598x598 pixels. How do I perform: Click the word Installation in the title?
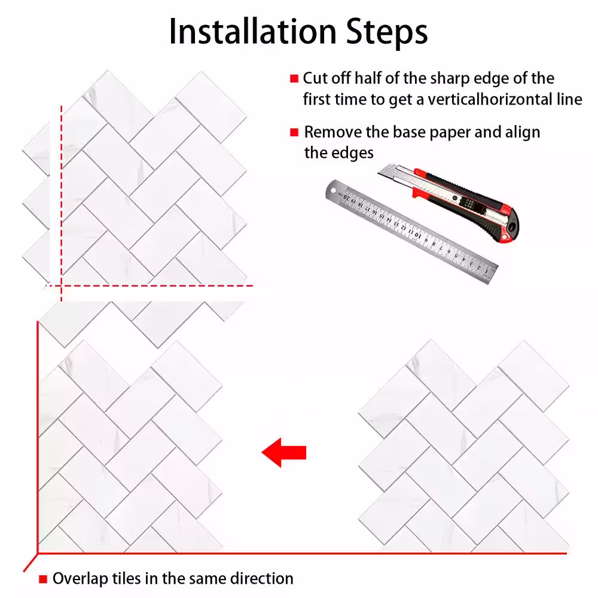click(x=253, y=32)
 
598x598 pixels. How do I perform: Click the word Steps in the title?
click(x=387, y=32)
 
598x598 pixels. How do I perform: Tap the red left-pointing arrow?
click(x=284, y=452)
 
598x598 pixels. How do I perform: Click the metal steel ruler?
click(x=412, y=231)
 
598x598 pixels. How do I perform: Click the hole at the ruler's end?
click(x=334, y=190)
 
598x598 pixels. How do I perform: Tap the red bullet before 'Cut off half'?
click(x=294, y=78)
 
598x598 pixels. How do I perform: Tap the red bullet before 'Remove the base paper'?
click(x=294, y=132)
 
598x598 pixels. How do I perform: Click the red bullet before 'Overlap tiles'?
click(x=43, y=579)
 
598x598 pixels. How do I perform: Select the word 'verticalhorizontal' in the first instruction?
click(x=489, y=99)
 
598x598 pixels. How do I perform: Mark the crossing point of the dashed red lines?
click(x=62, y=285)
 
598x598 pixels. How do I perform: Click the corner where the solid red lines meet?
click(x=37, y=553)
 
